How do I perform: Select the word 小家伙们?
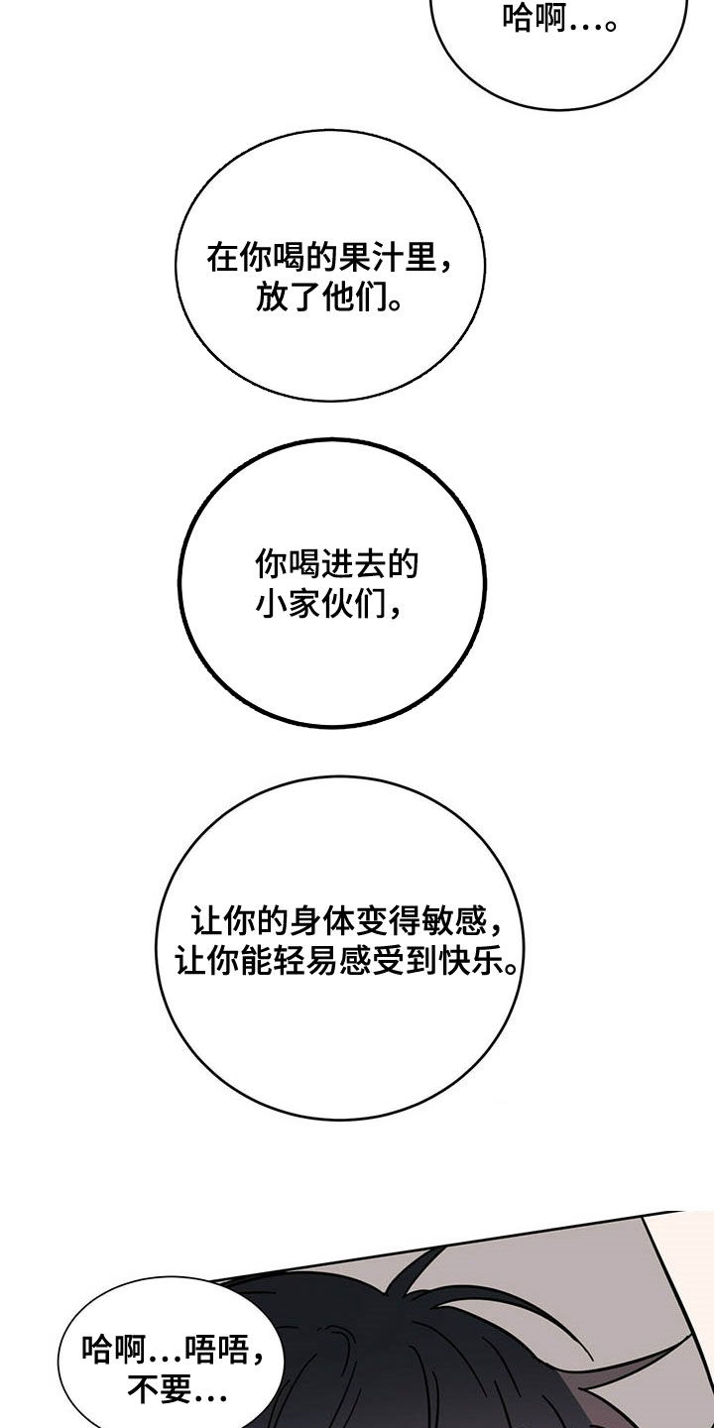click(321, 603)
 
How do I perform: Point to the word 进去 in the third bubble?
click(354, 563)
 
